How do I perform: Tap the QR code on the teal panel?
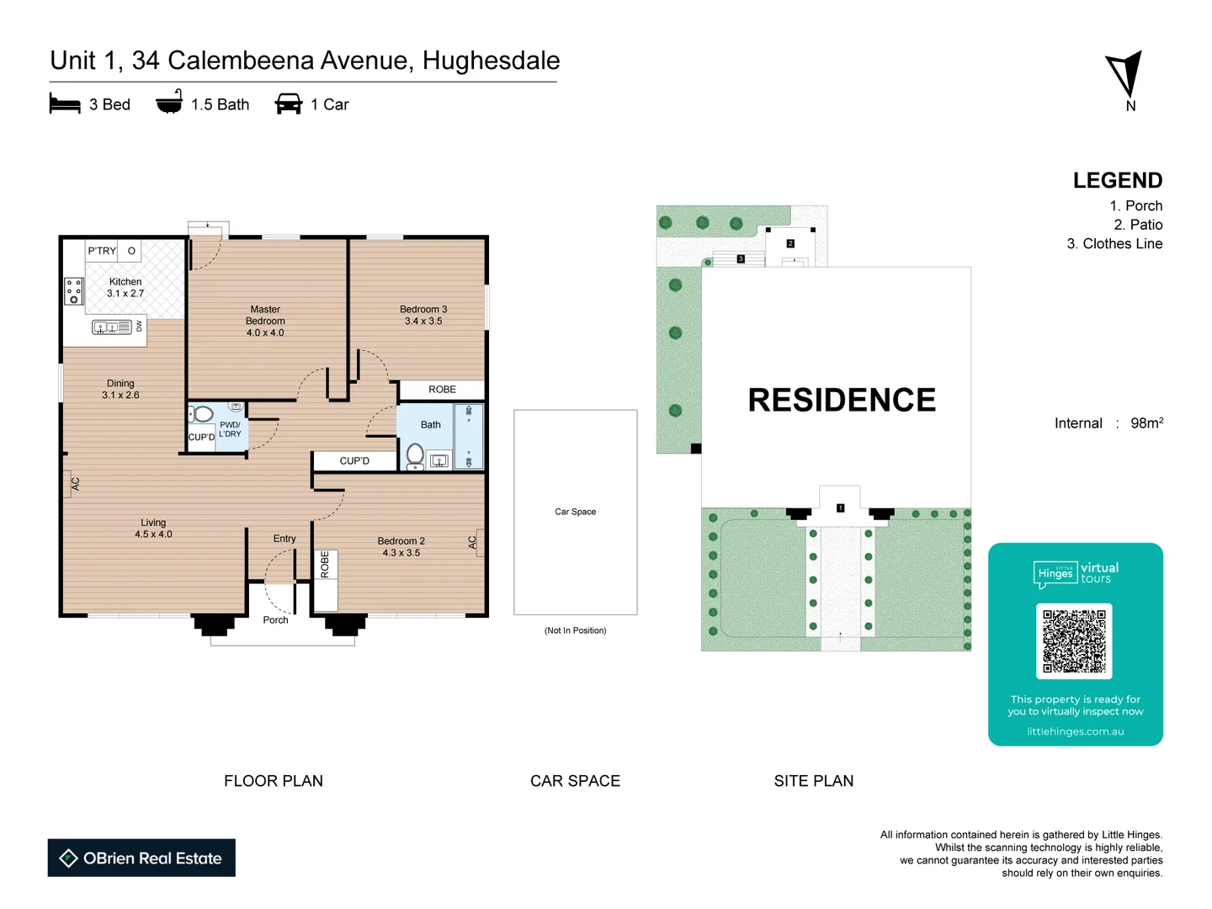click(x=1074, y=641)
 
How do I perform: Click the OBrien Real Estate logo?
click(x=141, y=858)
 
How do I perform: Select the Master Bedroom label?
click(x=265, y=321)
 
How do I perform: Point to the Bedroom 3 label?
click(x=423, y=315)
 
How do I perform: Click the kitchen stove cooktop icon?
click(x=74, y=290)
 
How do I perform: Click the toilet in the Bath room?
click(x=415, y=455)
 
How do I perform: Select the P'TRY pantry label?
click(x=102, y=251)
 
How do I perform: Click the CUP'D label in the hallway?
click(x=354, y=460)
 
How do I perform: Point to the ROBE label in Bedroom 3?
click(x=442, y=389)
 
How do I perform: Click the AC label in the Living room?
click(x=75, y=484)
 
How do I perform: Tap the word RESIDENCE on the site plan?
click(x=842, y=400)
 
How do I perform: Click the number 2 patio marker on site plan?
click(x=790, y=243)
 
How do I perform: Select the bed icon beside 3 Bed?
click(x=65, y=104)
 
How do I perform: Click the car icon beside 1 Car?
click(x=289, y=104)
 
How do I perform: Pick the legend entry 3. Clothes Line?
click(x=1114, y=243)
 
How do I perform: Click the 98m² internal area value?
click(x=1146, y=423)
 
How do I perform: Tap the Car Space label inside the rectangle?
click(x=575, y=512)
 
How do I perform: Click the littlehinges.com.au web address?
click(x=1075, y=731)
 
